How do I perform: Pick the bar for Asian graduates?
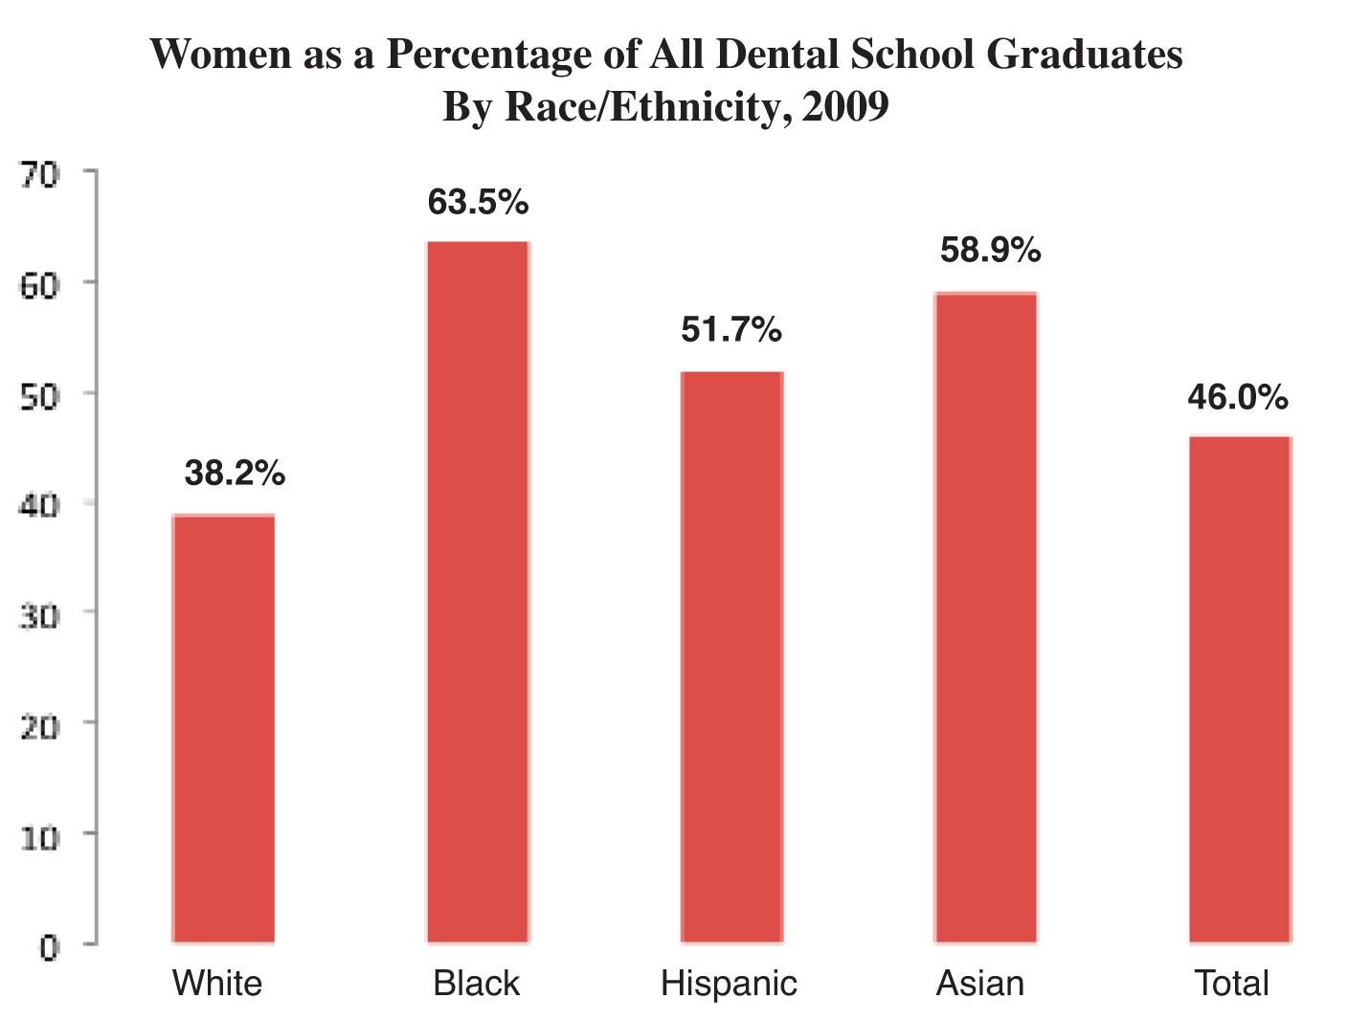pos(985,617)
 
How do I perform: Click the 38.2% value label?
pos(235,473)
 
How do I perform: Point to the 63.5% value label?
pos(478,202)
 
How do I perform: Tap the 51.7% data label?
pos(731,330)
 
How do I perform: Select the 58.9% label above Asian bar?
pos(990,250)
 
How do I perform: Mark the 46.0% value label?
pos(1238,396)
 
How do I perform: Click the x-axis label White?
pos(217,984)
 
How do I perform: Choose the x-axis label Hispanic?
pos(729,984)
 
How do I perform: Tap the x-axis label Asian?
pos(979,984)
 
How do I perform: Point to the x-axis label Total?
pos(1231,984)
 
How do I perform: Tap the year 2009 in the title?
pos(846,106)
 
